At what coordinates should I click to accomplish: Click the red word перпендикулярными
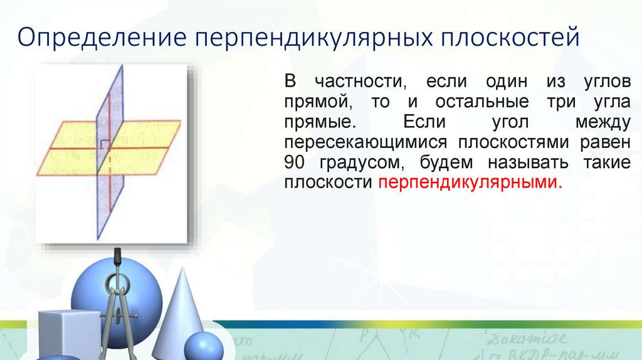467,183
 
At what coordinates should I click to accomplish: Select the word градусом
352,162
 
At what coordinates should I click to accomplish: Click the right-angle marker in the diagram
102,144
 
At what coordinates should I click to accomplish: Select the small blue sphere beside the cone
203,347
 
